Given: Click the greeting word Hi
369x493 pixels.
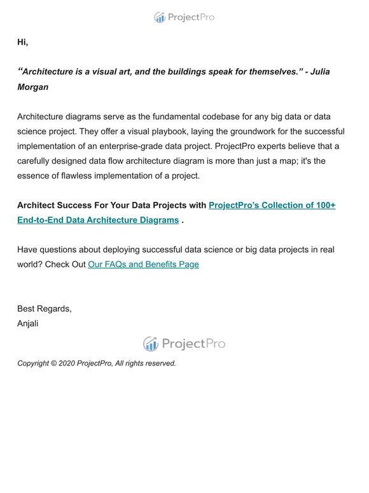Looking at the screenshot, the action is pyautogui.click(x=22, y=43).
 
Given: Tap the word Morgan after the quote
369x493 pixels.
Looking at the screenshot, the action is pyautogui.click(x=32, y=87).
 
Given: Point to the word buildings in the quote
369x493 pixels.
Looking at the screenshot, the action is pyautogui.click(x=191, y=71).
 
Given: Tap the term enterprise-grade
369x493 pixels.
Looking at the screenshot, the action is pyautogui.click(x=139, y=146).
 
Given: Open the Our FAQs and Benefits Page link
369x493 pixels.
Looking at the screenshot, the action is pyautogui.click(x=143, y=264).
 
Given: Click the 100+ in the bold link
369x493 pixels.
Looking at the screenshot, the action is pyautogui.click(x=323, y=205).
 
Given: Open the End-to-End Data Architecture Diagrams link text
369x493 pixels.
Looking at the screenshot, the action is pyautogui.click(x=98, y=220).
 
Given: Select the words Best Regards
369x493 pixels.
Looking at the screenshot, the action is pyautogui.click(x=44, y=309).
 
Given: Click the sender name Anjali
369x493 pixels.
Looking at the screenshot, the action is pyautogui.click(x=28, y=324).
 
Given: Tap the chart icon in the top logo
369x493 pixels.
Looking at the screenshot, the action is pyautogui.click(x=160, y=18).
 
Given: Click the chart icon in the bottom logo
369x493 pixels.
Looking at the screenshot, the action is pyautogui.click(x=151, y=344).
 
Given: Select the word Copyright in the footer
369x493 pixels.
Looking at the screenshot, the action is pyautogui.click(x=32, y=364).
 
